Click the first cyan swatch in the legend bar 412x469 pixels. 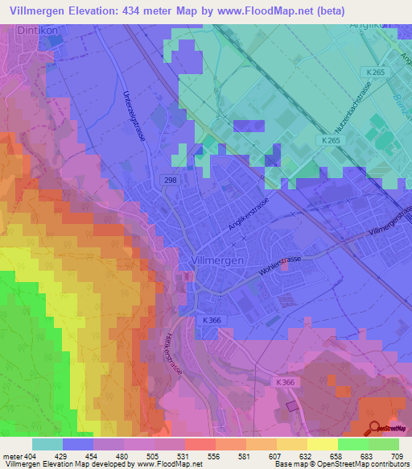pyautogui.click(x=47, y=444)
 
